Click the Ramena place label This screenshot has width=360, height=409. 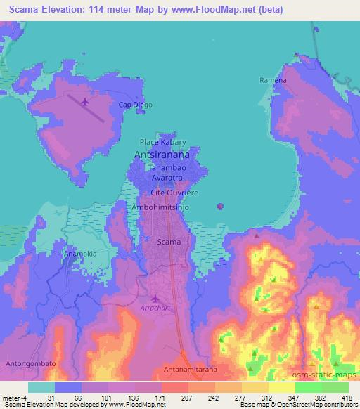pyautogui.click(x=273, y=80)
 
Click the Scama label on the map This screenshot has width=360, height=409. pyautogui.click(x=169, y=242)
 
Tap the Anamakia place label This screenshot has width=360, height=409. pyautogui.click(x=80, y=252)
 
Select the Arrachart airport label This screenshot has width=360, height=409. pyautogui.click(x=153, y=308)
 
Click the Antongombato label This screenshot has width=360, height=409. pyautogui.click(x=30, y=364)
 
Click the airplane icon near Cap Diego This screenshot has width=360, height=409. pyautogui.click(x=86, y=103)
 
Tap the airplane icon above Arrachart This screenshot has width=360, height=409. pyautogui.click(x=155, y=298)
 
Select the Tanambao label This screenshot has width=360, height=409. pyautogui.click(x=165, y=169)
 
